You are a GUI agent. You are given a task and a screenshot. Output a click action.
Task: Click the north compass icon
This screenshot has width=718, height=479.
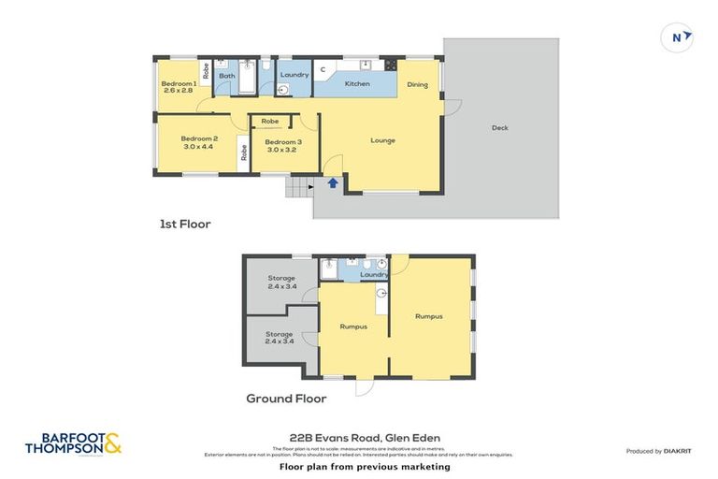680,37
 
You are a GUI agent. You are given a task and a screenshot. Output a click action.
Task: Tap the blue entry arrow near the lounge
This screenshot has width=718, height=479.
332,183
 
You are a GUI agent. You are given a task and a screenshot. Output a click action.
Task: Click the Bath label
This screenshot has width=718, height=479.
226,75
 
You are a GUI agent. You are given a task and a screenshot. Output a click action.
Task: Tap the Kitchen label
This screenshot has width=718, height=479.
357,84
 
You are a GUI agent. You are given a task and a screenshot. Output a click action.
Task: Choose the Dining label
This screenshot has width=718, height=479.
417,85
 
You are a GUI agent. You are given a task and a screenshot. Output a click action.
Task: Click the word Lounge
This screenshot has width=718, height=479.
382,140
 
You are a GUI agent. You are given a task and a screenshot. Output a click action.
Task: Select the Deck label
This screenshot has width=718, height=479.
500,128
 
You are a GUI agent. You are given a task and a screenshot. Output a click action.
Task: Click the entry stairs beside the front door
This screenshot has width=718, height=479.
299,189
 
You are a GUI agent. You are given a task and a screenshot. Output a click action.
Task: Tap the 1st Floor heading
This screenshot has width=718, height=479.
184,225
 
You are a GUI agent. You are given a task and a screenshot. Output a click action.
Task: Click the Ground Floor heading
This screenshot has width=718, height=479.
286,399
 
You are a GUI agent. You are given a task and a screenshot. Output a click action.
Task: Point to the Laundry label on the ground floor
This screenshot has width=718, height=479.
374,275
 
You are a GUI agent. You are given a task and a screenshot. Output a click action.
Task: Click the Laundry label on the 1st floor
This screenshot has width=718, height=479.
294,75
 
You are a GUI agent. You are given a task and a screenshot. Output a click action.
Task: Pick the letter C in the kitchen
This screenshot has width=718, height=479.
323,69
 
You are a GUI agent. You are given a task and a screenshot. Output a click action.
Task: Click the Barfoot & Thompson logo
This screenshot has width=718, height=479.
74,444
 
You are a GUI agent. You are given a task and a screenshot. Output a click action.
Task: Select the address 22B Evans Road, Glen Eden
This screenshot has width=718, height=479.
365,437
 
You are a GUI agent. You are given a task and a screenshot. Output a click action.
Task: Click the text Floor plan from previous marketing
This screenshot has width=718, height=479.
365,466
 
